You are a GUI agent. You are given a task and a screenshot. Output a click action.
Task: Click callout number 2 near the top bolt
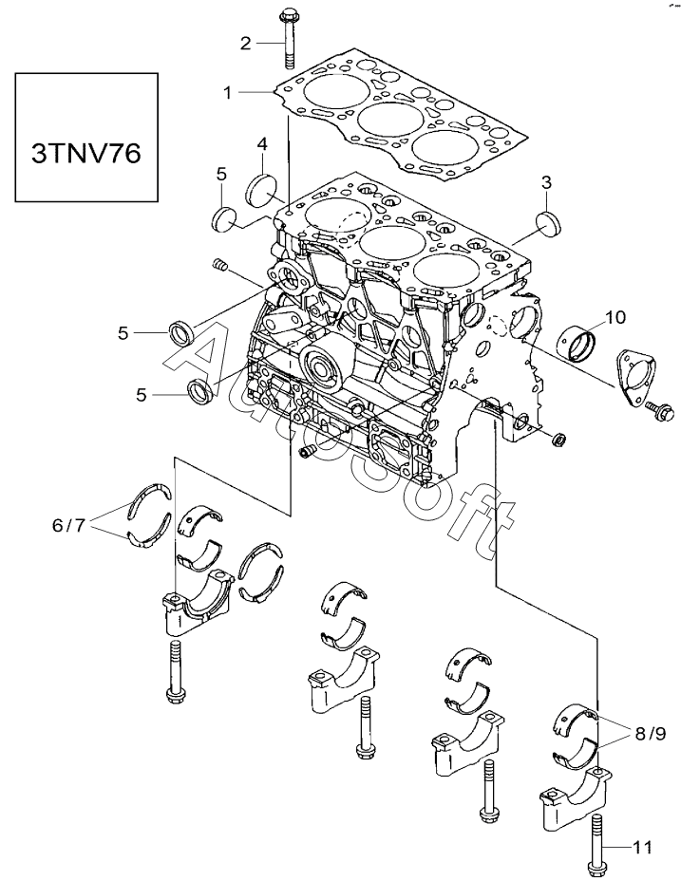click(x=246, y=43)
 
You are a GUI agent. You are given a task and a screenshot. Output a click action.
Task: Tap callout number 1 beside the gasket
click(x=227, y=93)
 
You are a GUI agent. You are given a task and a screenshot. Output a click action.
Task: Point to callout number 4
click(x=262, y=144)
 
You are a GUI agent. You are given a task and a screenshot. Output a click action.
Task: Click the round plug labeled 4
click(x=261, y=191)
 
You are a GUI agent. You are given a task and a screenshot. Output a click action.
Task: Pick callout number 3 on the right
click(x=546, y=182)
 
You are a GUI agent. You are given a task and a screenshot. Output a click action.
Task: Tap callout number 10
click(x=615, y=317)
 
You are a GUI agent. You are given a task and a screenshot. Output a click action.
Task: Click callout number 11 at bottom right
click(x=643, y=846)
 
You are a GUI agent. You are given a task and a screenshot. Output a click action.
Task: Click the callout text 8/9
click(x=651, y=734)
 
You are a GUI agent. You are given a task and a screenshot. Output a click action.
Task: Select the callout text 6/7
click(x=68, y=525)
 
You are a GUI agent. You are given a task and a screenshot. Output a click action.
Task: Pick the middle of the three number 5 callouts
click(x=123, y=333)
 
